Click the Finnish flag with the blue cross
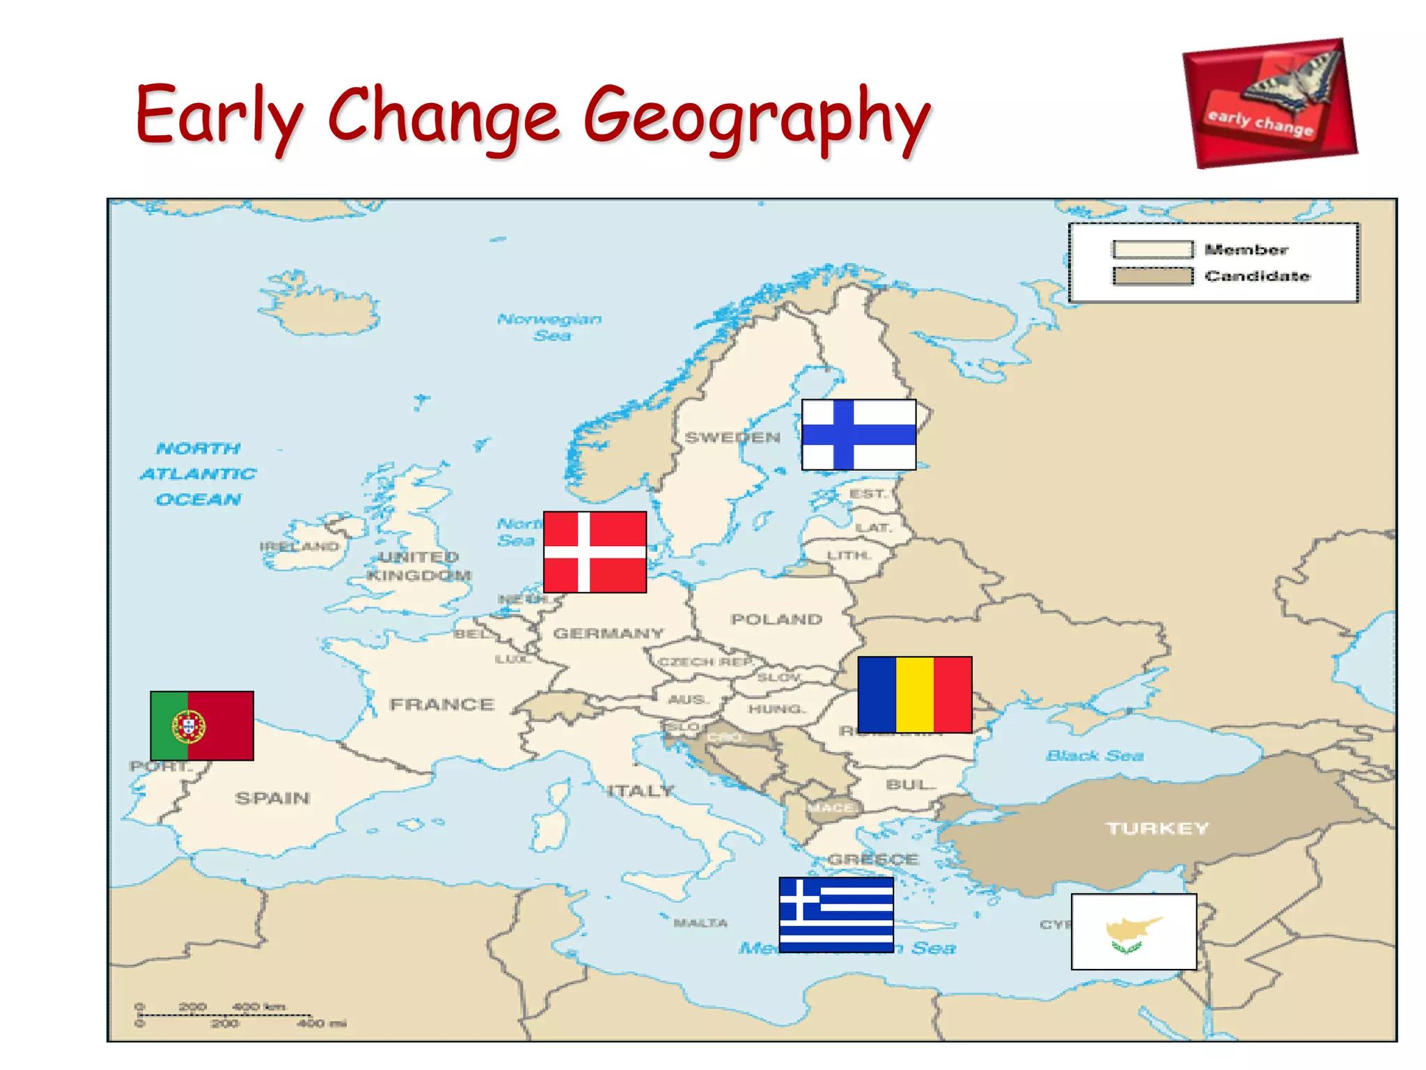click(859, 435)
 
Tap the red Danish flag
click(595, 552)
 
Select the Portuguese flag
click(202, 725)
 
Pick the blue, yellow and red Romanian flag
click(914, 695)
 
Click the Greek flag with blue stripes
click(836, 914)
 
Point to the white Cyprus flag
click(1134, 931)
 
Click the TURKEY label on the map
click(1158, 828)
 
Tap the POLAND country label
click(776, 619)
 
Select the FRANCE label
click(442, 704)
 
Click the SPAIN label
click(272, 798)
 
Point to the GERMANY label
click(609, 633)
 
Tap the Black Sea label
click(1095, 756)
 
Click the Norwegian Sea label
click(549, 327)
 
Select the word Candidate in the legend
click(1257, 276)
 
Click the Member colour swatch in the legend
click(1152, 249)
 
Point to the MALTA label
click(700, 923)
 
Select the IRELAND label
click(299, 546)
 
